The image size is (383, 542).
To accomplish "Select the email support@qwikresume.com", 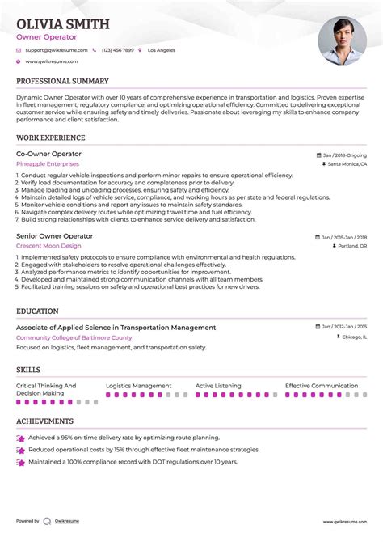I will coord(52,49).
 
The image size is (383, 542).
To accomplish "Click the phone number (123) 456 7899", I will coord(117,49).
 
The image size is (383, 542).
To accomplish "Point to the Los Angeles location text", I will coord(160,49).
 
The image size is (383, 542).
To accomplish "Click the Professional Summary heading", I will coord(62,82).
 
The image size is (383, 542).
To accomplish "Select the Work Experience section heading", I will coord(49,137).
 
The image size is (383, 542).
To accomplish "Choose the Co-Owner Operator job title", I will coord(48,154).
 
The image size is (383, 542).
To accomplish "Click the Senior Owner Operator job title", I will coord(54,235).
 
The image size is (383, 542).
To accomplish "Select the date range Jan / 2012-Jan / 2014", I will coord(343,327).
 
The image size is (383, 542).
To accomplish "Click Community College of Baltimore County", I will coord(74,337).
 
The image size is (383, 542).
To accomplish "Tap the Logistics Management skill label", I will coord(138,387).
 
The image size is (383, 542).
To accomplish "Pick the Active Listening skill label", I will coord(217,387).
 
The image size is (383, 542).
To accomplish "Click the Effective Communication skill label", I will coord(322,387).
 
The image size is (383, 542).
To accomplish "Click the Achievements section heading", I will coord(44,421).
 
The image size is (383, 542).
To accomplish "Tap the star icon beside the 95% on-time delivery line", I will coord(19,438).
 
